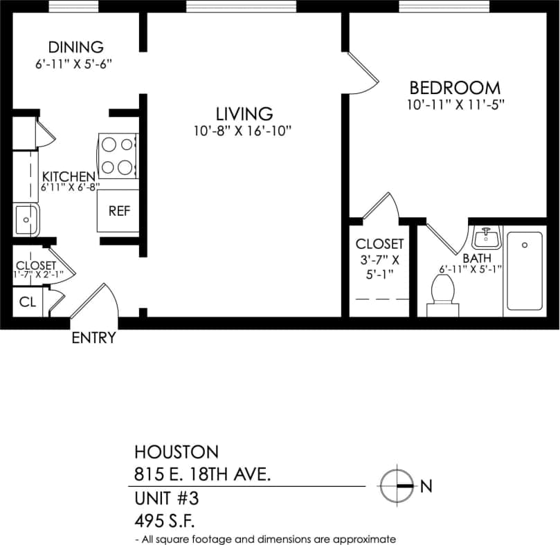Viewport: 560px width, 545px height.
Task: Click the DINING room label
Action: (75, 47)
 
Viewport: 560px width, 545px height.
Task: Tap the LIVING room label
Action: (244, 113)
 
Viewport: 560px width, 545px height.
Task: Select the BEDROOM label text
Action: (455, 88)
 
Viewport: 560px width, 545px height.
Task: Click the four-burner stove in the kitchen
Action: (117, 155)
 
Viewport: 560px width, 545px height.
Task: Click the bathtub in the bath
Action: (525, 270)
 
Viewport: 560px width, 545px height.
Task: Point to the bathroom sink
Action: (487, 238)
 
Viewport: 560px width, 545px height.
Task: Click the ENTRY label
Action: (93, 338)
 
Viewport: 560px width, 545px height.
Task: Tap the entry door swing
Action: (97, 302)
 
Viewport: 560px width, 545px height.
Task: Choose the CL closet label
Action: (27, 302)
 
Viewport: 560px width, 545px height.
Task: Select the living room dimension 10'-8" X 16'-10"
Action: (243, 131)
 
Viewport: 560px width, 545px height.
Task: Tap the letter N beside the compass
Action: (426, 487)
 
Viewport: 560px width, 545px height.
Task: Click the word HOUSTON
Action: (176, 452)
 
